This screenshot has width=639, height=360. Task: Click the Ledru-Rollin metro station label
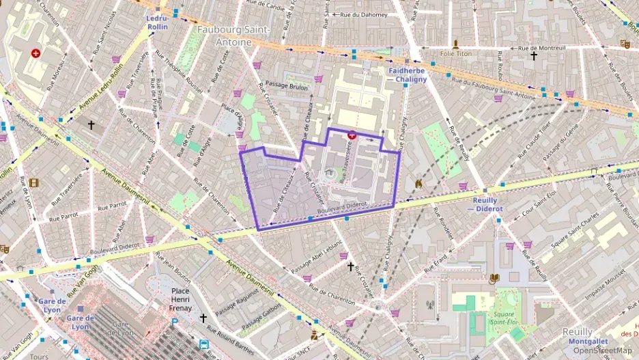coord(158,23)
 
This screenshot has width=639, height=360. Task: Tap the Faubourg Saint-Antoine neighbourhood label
coord(233,36)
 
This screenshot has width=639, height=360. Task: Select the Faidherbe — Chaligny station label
coord(408,74)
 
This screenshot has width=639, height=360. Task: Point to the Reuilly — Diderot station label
coord(488,204)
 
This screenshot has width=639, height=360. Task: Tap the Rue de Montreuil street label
coord(543,48)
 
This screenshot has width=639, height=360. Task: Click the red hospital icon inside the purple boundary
coord(352,135)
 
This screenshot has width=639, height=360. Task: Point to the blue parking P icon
coord(175,321)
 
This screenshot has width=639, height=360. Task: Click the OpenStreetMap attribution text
coord(602,350)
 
